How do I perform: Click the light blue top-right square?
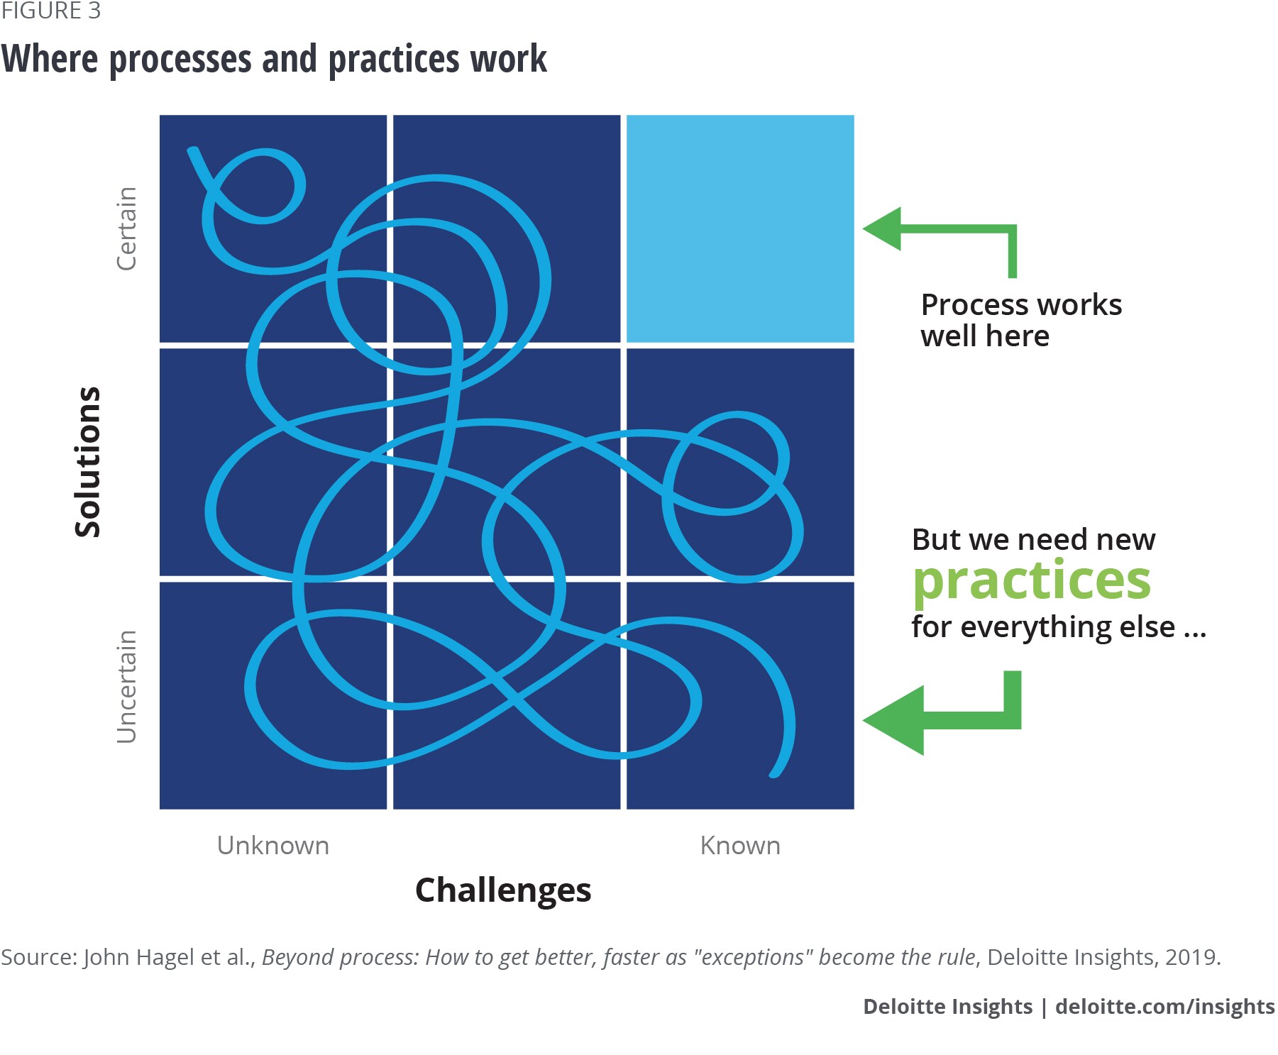coord(740,228)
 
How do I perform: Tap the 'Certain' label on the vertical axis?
coord(126,228)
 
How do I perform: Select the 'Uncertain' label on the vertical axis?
coord(126,687)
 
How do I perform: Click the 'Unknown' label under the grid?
coord(273,846)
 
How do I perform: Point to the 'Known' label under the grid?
coord(740,846)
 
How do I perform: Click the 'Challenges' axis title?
coord(503,890)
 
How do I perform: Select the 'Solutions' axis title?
coord(88,462)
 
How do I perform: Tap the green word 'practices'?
coord(1031,582)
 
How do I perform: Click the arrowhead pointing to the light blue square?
coord(882,228)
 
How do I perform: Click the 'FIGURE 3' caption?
coord(50,11)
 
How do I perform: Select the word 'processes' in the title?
coord(180,60)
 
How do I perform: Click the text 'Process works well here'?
coord(1021,320)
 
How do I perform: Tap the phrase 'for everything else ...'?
coord(1059,627)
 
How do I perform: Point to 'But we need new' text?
coord(1033,539)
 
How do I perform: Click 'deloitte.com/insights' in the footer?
coord(1165,1007)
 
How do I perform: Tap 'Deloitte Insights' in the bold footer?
coord(947,1007)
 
